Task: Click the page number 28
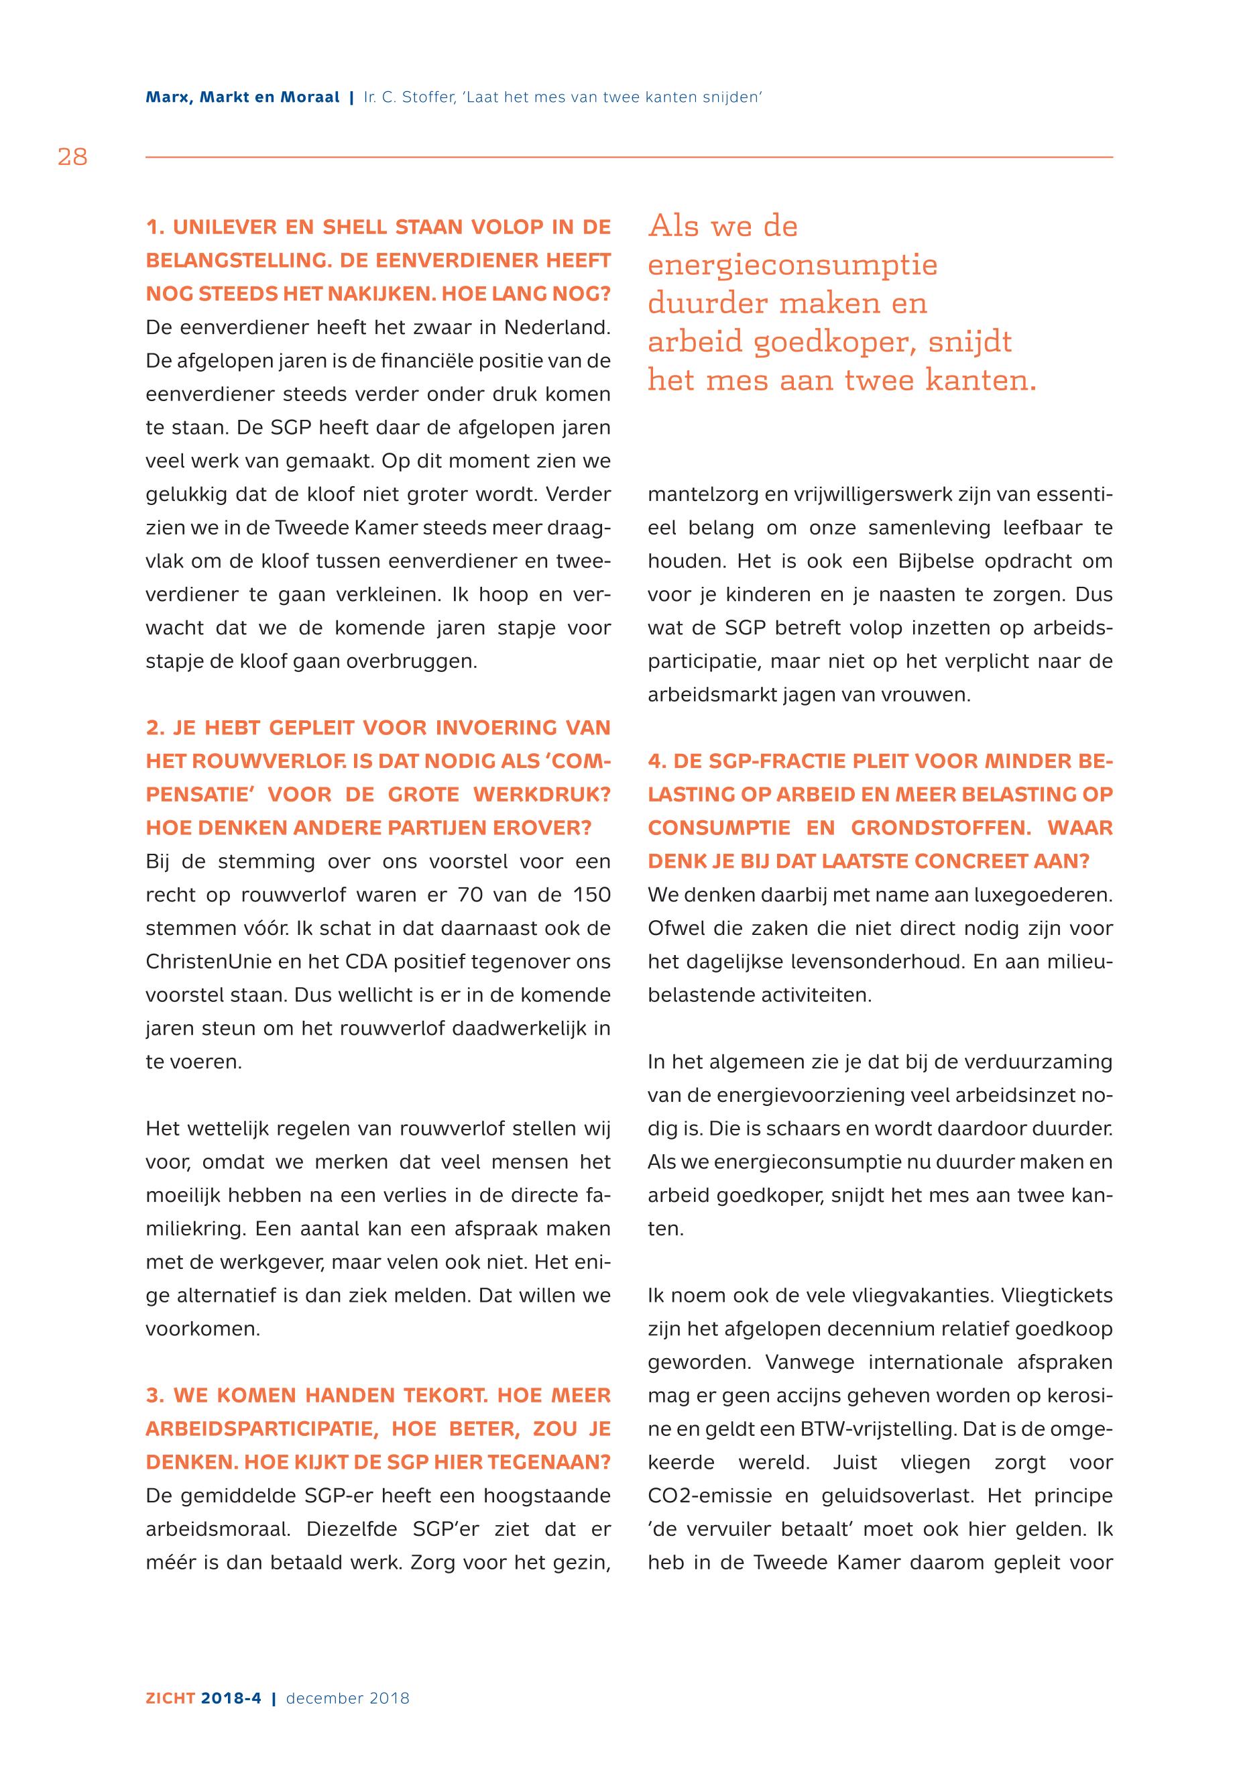[72, 158]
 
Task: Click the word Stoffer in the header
[423, 98]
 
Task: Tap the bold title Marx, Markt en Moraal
[243, 98]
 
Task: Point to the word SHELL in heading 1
[353, 227]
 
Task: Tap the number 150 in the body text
[591, 895]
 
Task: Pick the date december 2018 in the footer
[347, 1698]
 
